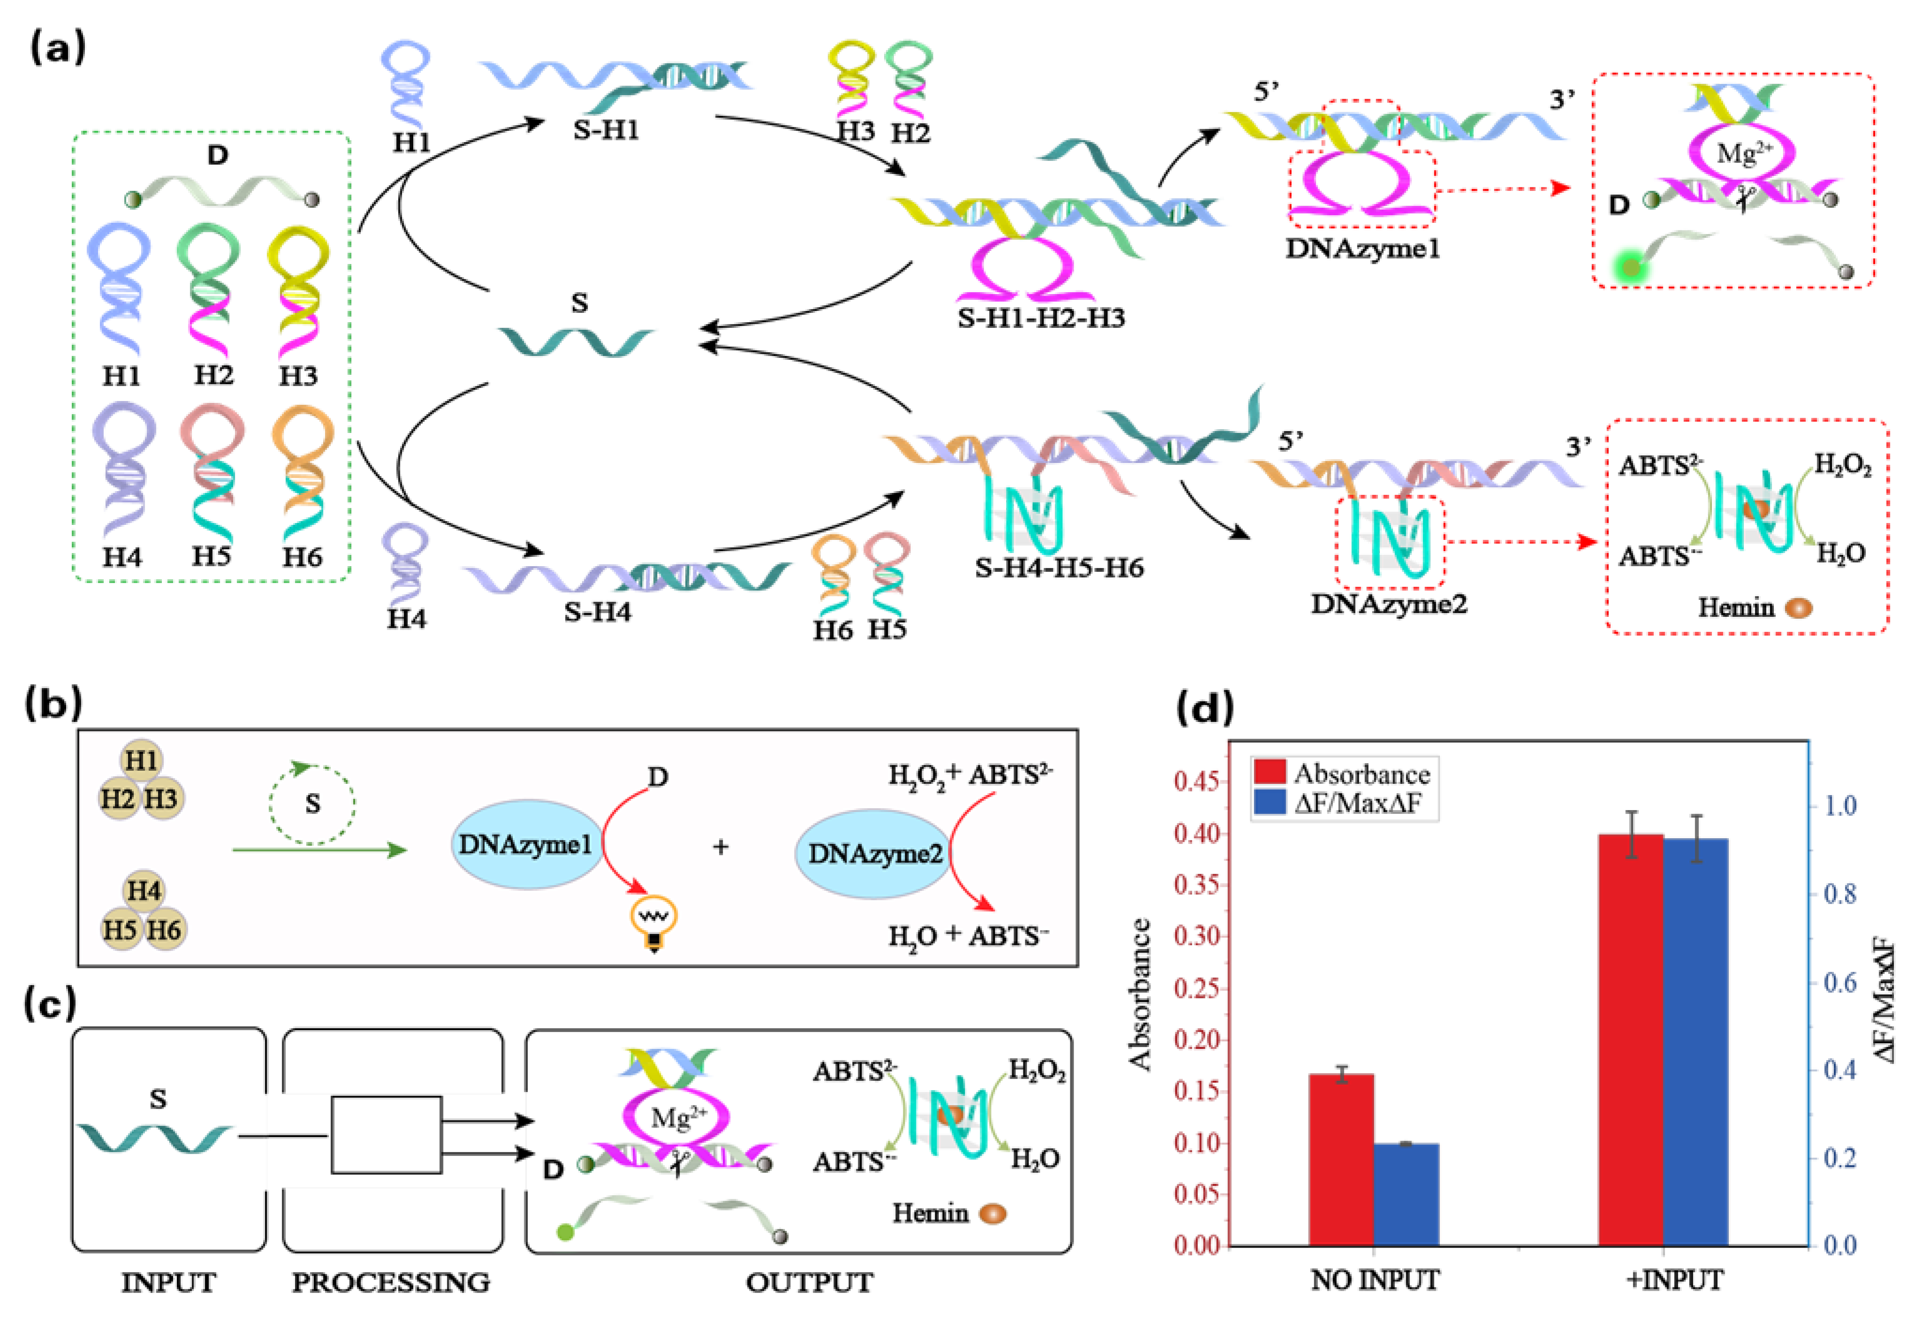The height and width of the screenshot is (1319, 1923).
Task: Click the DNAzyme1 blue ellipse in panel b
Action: click(x=526, y=844)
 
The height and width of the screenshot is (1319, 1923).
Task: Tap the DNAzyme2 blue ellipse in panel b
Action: click(x=874, y=853)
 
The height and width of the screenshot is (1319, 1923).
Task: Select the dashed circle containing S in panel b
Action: click(x=312, y=803)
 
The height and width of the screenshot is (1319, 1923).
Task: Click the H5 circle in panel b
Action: click(x=121, y=929)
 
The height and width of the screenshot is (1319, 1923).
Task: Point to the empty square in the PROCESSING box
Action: click(x=386, y=1135)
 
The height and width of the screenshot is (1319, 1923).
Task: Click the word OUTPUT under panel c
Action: click(x=809, y=1282)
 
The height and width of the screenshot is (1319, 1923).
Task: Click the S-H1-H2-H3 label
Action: click(x=1041, y=318)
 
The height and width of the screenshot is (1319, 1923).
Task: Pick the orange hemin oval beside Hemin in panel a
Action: click(x=1798, y=608)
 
